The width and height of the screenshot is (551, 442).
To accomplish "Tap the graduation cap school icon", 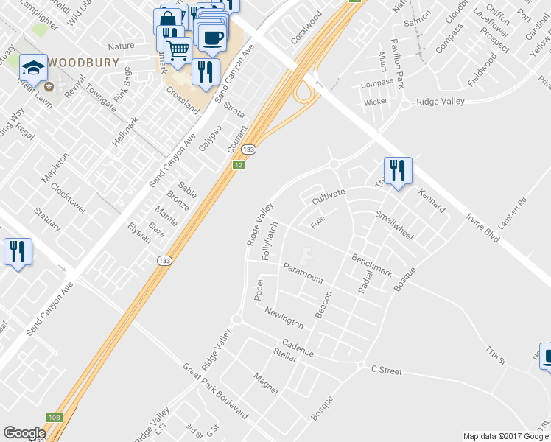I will [33, 69].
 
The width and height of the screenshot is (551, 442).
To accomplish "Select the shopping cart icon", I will [178, 50].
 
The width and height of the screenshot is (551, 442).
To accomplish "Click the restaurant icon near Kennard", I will [398, 171].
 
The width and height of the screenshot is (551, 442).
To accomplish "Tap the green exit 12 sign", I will [238, 165].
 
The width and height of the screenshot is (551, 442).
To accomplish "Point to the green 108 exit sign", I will [55, 418].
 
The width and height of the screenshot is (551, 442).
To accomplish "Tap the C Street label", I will [387, 371].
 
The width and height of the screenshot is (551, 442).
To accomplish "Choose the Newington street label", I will [284, 318].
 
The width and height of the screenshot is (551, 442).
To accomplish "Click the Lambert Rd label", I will [513, 211].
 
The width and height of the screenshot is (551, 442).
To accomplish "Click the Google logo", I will [24, 433].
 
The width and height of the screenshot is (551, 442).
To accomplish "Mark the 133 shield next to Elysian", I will [164, 260].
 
